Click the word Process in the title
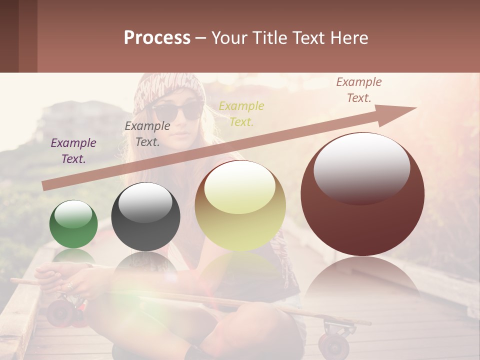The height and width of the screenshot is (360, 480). [157, 37]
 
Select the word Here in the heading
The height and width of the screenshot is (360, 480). [349, 37]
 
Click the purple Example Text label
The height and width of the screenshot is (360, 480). [73, 150]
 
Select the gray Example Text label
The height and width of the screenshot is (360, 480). [147, 133]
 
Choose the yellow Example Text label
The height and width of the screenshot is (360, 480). [241, 113]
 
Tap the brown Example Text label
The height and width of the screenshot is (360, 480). [359, 89]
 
